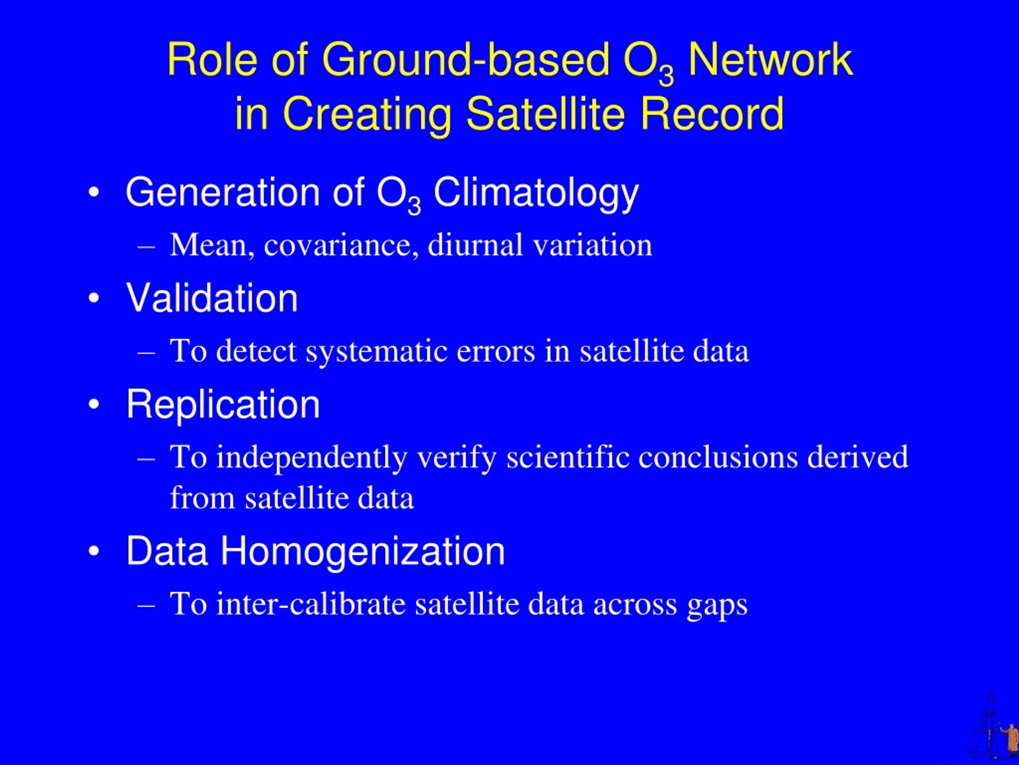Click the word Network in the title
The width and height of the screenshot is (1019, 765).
tap(770, 59)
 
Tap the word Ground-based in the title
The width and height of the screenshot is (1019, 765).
tap(466, 59)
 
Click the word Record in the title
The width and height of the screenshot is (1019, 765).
tap(712, 114)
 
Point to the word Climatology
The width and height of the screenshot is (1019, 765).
tap(536, 194)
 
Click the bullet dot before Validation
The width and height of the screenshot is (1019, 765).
tap(94, 298)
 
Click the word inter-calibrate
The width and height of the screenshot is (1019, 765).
tap(311, 604)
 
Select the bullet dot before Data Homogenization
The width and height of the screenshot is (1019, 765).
tap(94, 551)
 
